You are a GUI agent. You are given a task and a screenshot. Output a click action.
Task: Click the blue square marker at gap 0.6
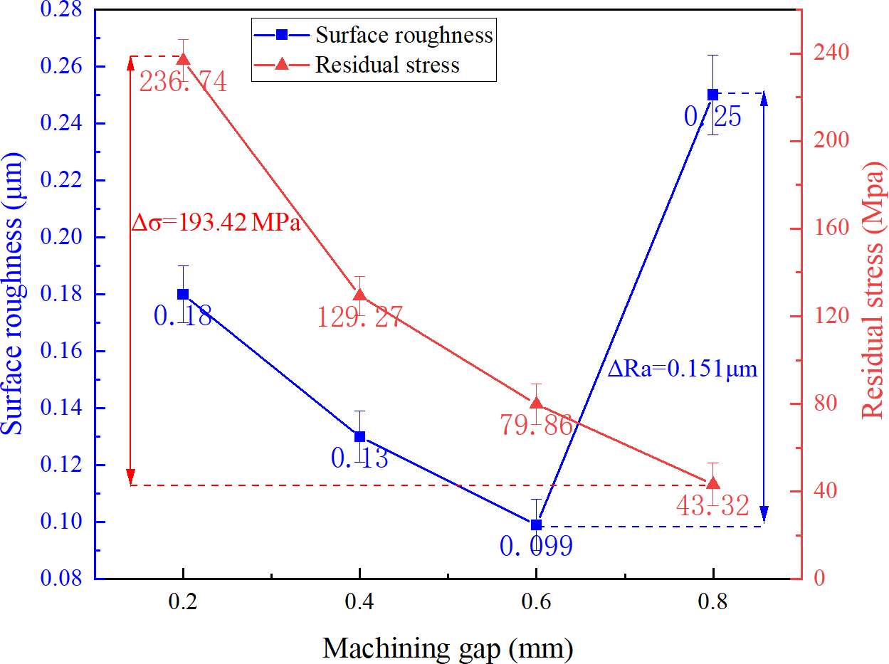537,525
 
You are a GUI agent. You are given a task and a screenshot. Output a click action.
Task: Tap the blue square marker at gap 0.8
712,95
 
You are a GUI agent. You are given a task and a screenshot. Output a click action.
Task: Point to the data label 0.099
536,547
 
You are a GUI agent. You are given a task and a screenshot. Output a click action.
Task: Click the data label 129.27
360,316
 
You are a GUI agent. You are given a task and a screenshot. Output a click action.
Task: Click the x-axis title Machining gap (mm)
448,648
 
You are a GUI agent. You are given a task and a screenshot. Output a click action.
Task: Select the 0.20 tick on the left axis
65,238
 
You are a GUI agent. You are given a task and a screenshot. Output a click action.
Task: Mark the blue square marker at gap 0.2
183,294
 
